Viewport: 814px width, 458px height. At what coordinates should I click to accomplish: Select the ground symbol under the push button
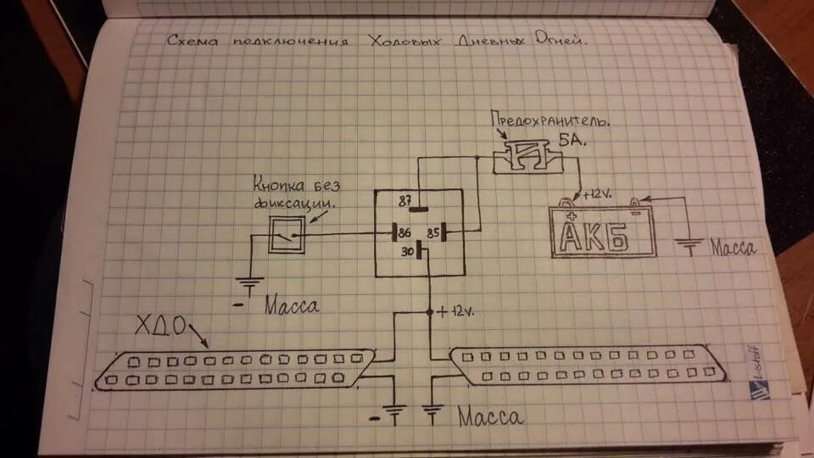pos(249,287)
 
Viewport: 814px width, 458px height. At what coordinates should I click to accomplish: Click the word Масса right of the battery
pos(733,249)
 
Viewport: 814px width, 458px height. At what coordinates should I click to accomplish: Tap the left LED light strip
pos(234,369)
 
